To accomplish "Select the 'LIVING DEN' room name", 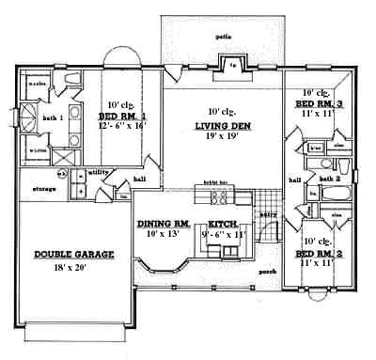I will coord(221,125).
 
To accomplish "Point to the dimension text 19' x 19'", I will coord(221,136).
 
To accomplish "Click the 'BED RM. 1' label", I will coord(121,117).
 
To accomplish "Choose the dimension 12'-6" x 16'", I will coord(121,127).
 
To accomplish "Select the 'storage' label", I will coord(43,189).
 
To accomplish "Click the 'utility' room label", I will coord(97,173).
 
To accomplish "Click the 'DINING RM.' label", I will coord(164,223).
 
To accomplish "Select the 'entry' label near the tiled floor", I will coord(268,214).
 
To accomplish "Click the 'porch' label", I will coord(266,272).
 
